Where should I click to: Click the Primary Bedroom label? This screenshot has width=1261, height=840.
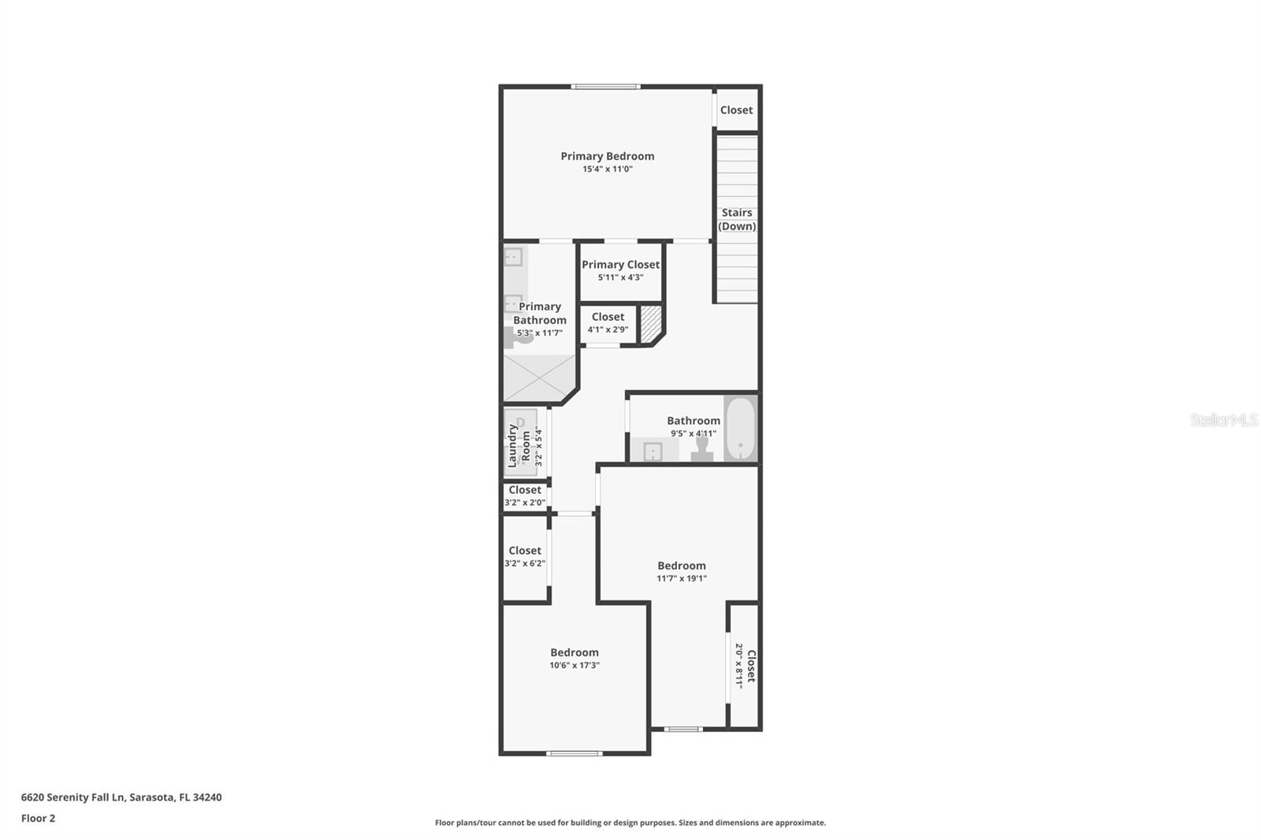(607, 156)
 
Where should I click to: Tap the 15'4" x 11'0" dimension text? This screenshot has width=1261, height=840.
(607, 169)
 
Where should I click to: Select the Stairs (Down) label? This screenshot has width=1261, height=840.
(737, 219)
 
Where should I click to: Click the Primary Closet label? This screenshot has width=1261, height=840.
(620, 265)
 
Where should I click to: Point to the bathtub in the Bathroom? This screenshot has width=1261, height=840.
(740, 429)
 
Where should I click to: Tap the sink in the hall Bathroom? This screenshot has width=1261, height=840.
(653, 452)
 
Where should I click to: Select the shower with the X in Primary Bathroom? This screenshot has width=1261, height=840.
(539, 378)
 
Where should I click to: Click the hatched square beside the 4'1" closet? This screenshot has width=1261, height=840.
(650, 324)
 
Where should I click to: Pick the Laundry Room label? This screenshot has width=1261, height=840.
(519, 445)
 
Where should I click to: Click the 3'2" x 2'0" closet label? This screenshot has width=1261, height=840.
(525, 496)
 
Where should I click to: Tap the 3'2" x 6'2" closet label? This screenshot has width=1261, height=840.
(525, 556)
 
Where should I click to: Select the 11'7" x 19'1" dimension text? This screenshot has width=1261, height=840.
(682, 578)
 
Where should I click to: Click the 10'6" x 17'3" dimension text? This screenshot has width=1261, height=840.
(575, 665)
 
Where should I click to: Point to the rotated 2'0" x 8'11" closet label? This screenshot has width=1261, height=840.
(746, 666)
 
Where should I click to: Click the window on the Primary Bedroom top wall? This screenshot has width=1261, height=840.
(605, 87)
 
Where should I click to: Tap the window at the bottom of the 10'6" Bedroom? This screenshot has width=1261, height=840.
(575, 753)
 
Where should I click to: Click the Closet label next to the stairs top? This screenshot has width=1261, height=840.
(736, 110)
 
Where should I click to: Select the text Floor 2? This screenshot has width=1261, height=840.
(38, 818)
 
